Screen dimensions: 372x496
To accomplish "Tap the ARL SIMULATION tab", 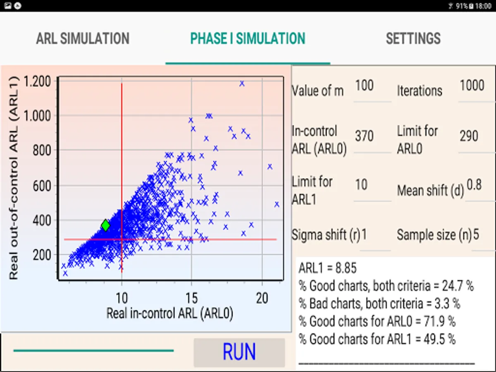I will tap(83, 38).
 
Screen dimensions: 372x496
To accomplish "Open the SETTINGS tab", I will tap(413, 38).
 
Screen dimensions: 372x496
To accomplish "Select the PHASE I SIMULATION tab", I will tap(248, 38).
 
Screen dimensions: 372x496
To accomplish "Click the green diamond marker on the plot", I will tap(105, 225).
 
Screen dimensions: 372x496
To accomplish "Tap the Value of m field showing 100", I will tap(365, 86).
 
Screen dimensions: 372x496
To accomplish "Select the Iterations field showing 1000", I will tap(472, 86).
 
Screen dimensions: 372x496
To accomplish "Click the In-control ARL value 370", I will tap(364, 136).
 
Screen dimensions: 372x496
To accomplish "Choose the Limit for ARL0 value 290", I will tap(469, 136).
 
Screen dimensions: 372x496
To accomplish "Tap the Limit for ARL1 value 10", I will tap(361, 184).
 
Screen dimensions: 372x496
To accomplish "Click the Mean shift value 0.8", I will tap(474, 185).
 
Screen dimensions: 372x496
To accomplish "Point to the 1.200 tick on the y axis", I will tap(38, 81).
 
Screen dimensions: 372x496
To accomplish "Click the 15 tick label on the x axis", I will tap(191, 298).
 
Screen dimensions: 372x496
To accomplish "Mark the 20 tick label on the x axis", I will tap(262, 298).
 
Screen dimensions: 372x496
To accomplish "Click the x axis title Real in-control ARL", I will tap(169, 313).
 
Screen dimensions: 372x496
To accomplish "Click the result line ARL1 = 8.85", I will tap(327, 268).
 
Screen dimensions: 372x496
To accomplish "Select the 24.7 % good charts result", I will tap(386, 286).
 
